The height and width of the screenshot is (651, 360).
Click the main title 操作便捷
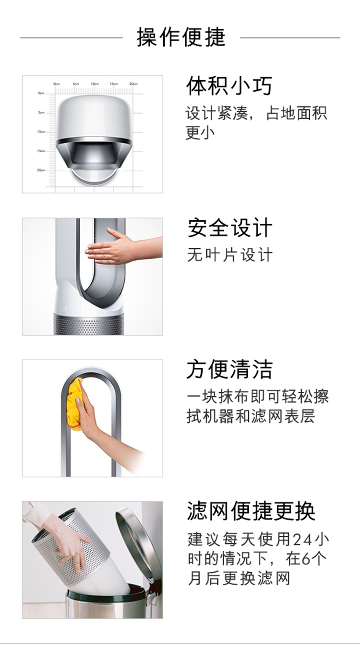pos(181,37)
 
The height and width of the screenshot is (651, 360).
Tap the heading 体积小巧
pos(229,86)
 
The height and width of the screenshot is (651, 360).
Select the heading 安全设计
pos(230,228)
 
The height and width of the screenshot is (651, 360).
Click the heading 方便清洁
pos(229,369)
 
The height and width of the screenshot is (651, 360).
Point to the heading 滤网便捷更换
pos(251,511)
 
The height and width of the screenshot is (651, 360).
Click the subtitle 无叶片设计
pos(230,255)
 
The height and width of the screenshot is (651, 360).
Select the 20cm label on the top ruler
pos(133,84)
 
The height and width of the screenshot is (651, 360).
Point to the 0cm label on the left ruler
pos(41,93)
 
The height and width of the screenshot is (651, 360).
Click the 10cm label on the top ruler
pos(95,84)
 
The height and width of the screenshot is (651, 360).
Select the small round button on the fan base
pos(64,309)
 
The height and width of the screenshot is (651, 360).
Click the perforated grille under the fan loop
pos(89,325)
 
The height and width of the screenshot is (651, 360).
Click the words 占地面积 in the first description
pos(296,113)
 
